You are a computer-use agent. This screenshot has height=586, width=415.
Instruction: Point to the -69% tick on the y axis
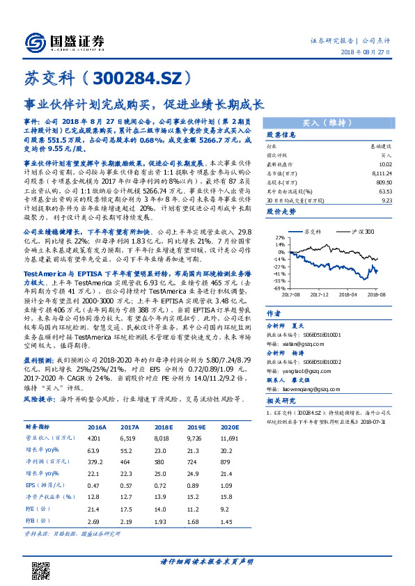276,288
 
